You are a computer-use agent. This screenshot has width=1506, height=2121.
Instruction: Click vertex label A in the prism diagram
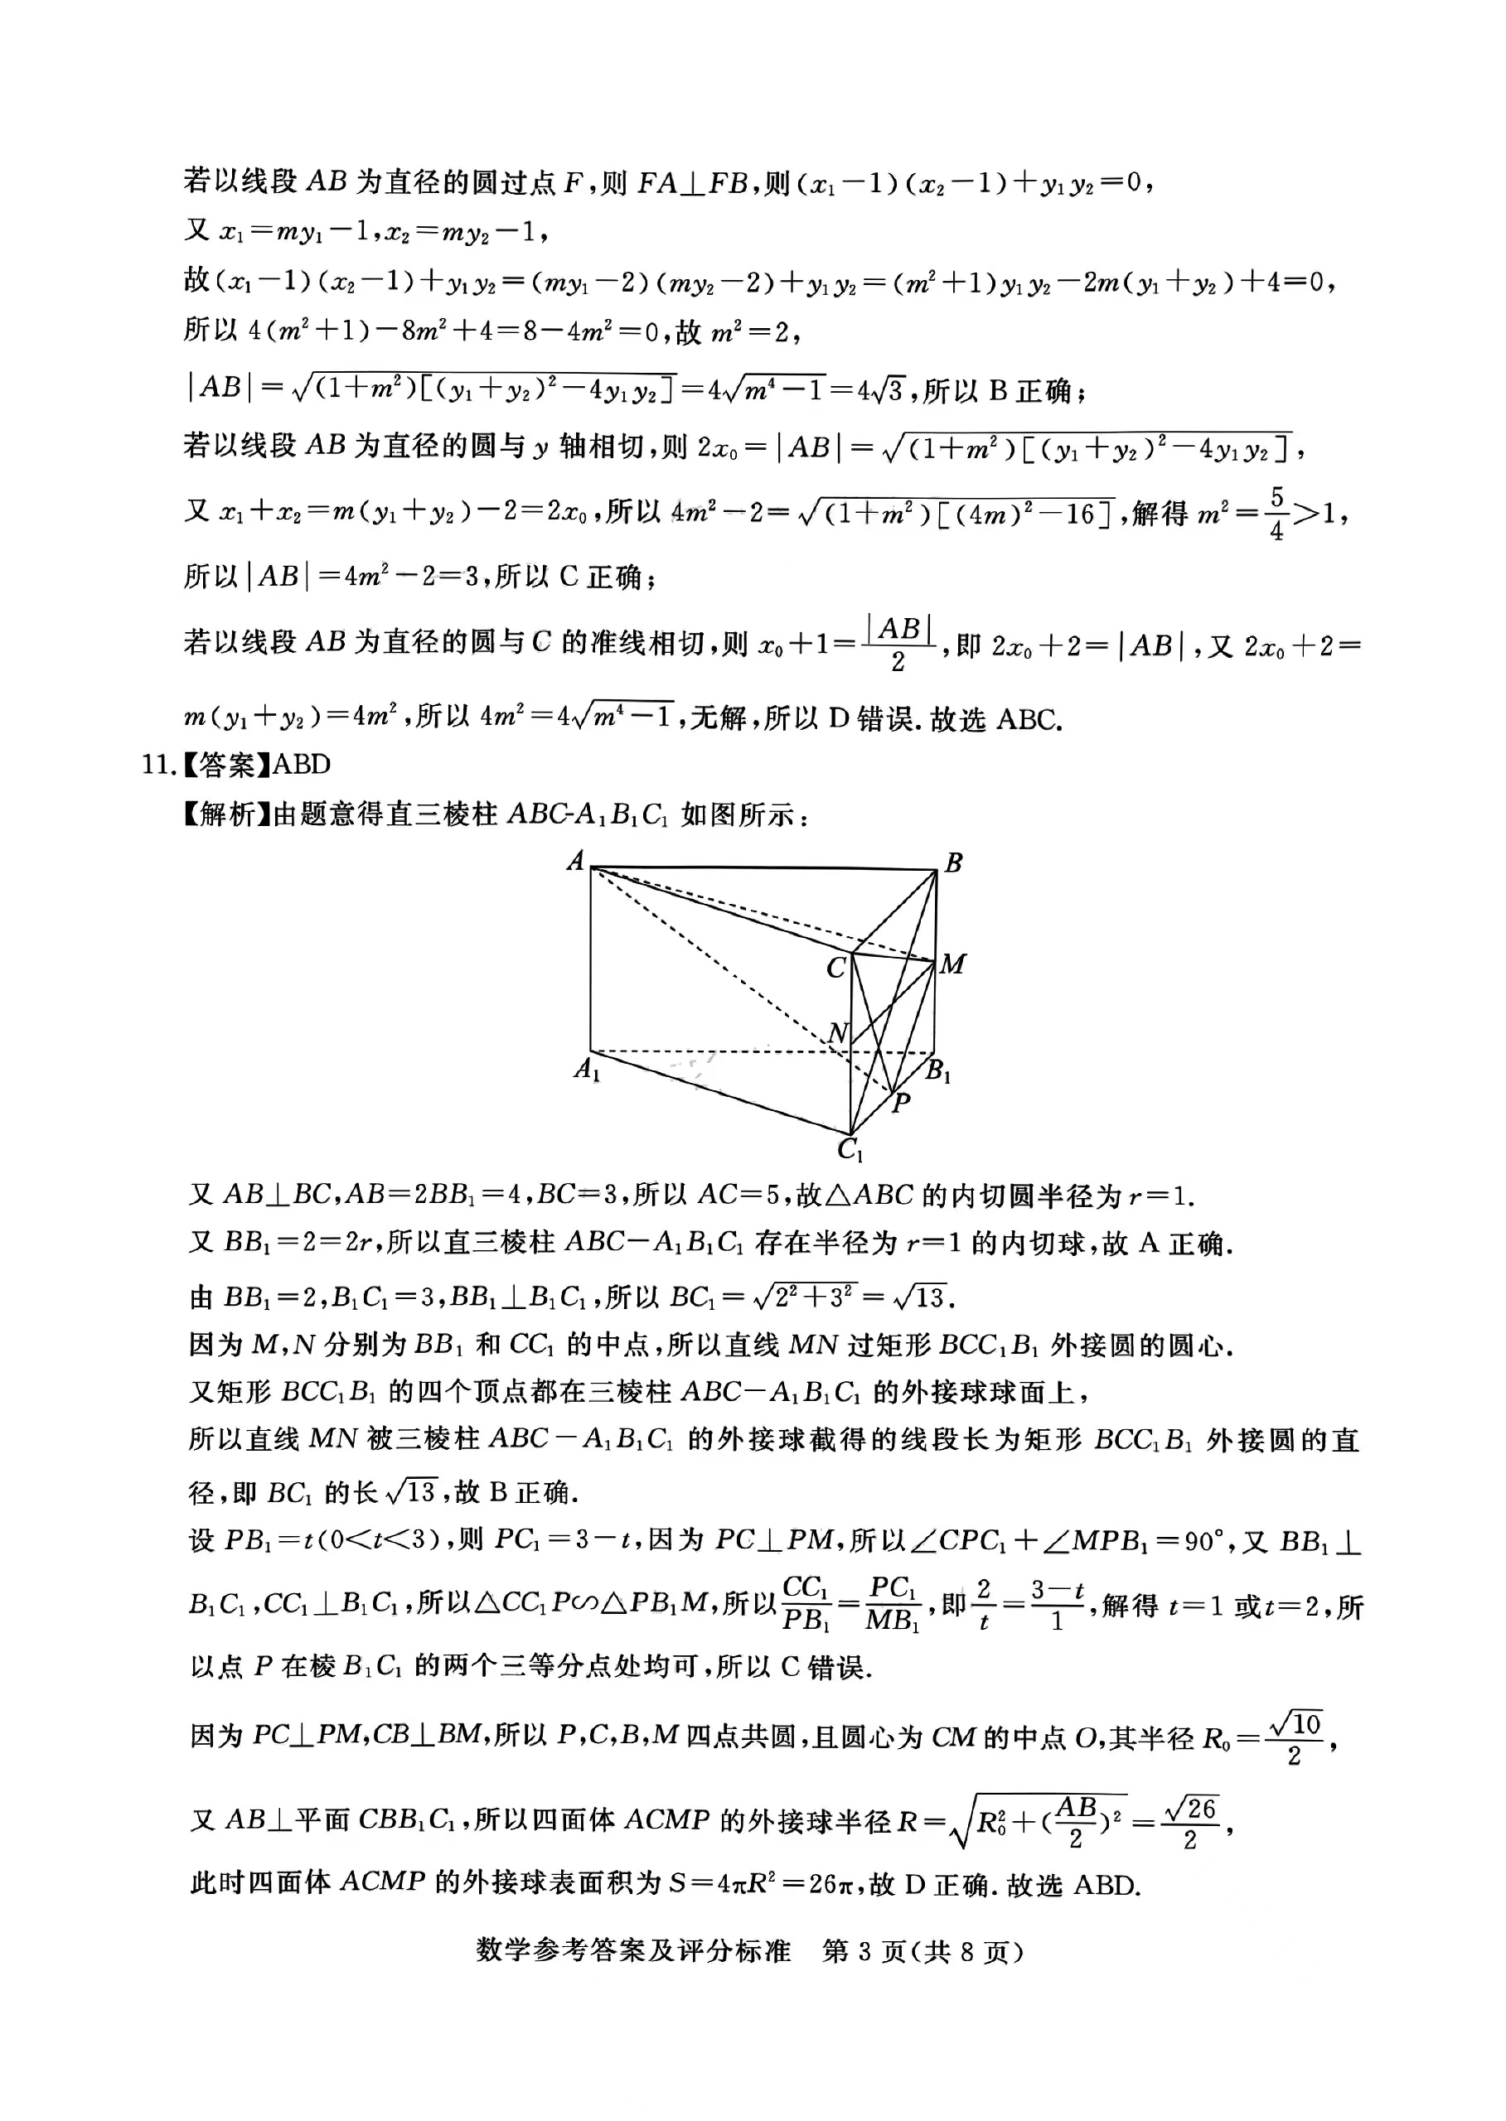pos(576,860)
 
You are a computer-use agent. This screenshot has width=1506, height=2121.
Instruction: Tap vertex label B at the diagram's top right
pos(953,863)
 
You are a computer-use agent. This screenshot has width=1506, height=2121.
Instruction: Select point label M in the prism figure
pos(952,964)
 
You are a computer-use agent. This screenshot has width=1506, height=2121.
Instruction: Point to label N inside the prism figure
pos(837,1032)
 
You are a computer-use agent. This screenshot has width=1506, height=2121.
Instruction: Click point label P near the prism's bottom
pos(900,1102)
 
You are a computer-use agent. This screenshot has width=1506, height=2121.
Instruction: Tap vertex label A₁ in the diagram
pos(587,1070)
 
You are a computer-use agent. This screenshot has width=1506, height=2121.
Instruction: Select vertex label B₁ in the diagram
pos(937,1071)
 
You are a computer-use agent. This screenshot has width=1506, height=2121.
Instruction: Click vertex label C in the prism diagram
pos(835,968)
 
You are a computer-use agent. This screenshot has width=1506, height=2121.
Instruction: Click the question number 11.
pos(157,765)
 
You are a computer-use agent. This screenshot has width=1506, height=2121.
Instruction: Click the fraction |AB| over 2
pos(898,645)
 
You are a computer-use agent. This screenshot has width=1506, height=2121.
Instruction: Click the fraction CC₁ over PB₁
pos(805,1604)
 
